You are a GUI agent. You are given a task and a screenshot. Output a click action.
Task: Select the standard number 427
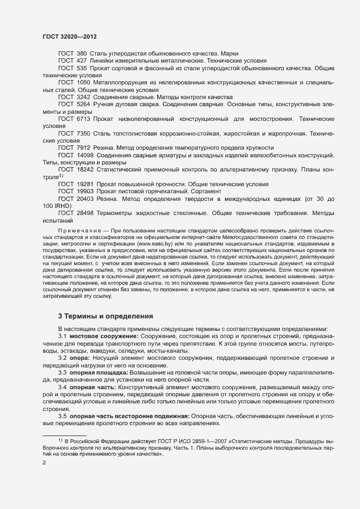(82, 61)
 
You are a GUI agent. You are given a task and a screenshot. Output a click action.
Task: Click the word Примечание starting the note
(77, 232)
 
